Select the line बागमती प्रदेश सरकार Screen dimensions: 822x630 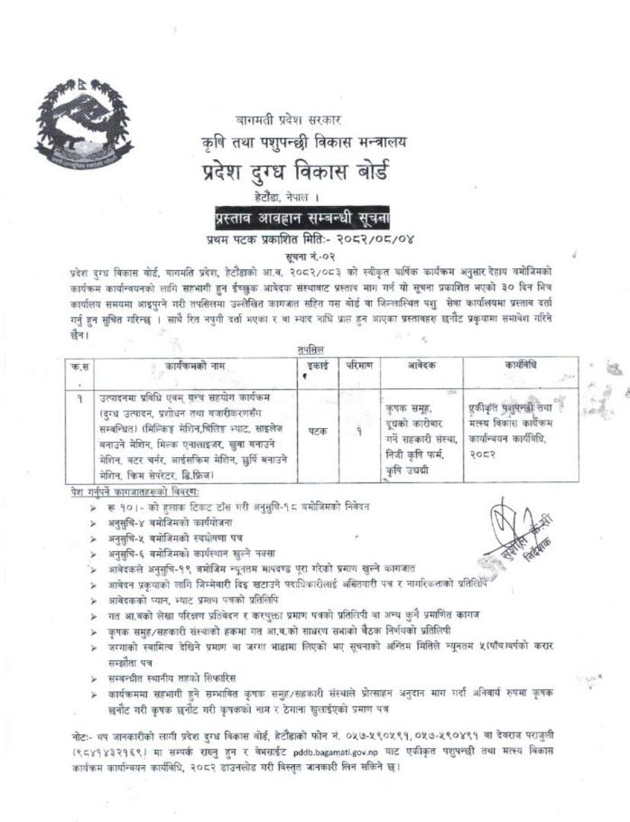pyautogui.click(x=295, y=118)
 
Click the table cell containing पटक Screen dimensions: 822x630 pyautogui.click(x=309, y=432)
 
